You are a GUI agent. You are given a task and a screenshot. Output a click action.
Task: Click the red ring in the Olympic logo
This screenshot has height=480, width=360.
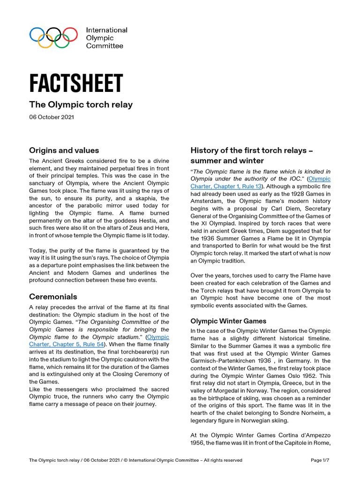tap(71, 34)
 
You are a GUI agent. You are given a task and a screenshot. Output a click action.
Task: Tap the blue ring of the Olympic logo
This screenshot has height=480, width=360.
tap(36, 34)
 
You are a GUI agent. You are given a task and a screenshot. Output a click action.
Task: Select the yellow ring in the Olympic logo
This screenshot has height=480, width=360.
tap(45, 42)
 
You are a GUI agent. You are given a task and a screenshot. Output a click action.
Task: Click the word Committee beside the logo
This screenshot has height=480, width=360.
tap(105, 46)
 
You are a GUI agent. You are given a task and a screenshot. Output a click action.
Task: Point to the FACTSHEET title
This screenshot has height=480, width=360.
tap(76, 83)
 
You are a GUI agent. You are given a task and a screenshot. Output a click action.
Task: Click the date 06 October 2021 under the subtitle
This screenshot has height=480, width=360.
tap(51, 117)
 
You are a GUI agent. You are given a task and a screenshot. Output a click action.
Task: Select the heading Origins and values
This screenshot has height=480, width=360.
tap(64, 150)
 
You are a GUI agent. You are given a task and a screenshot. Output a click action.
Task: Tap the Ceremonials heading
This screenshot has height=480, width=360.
tap(53, 297)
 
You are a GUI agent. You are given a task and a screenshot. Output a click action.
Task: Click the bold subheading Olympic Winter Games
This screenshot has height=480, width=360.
tap(228, 321)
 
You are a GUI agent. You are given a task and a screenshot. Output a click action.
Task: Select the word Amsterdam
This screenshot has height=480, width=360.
tap(208, 202)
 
